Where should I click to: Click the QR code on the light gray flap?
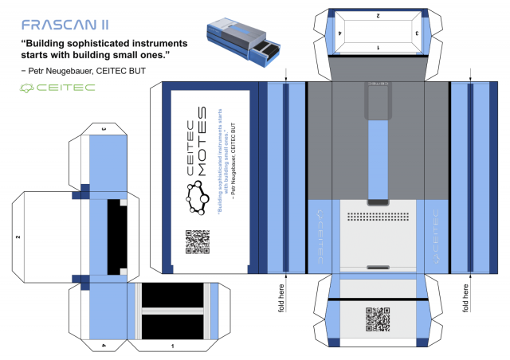[379, 319]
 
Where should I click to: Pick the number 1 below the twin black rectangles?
[173, 346]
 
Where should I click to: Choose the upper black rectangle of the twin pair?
[173, 296]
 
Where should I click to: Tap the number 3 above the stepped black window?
[103, 129]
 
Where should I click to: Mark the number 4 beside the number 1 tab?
[103, 345]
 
